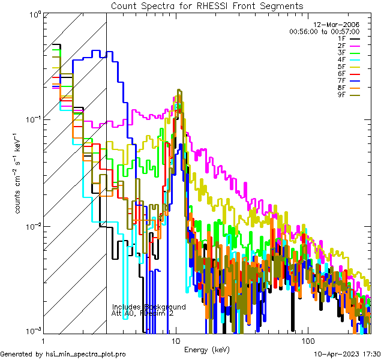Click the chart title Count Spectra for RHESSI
pos(206,5)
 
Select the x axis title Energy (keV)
pos(206,349)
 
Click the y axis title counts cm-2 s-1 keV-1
pos(19,173)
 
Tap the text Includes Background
pos(149,307)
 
